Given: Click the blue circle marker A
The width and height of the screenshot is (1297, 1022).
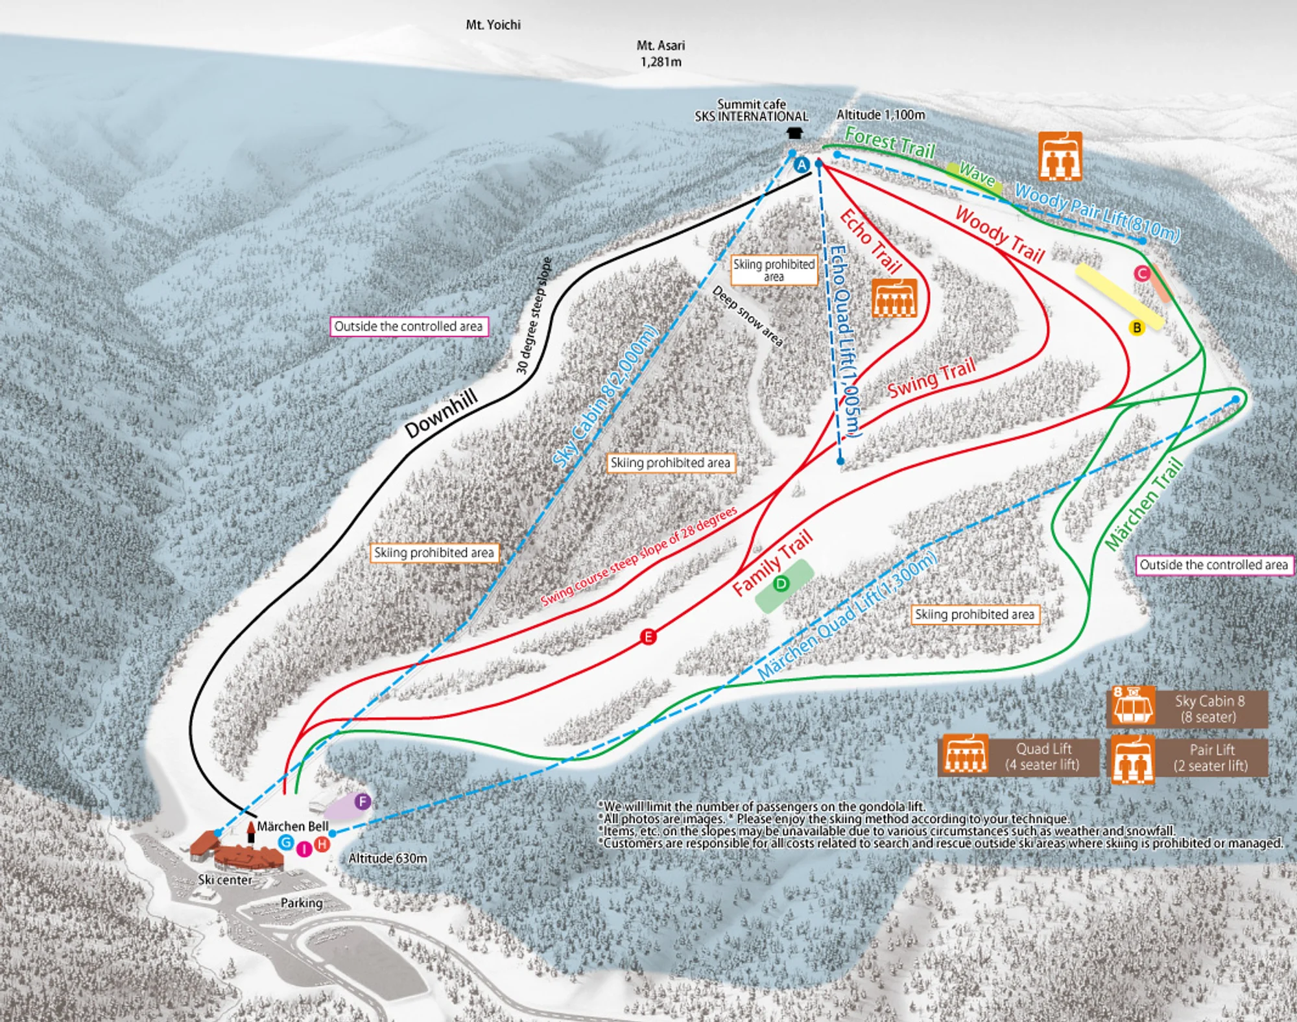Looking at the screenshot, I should coord(802,165).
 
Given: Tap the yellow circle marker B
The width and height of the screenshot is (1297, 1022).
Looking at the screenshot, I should coord(1136,328).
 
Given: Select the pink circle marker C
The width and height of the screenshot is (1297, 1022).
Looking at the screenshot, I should coord(1142,274).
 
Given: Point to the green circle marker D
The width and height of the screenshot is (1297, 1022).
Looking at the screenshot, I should coord(781,584).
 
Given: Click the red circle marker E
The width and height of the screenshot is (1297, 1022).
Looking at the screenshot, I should coord(648,637).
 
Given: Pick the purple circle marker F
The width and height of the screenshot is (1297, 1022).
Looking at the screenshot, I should coord(363,802).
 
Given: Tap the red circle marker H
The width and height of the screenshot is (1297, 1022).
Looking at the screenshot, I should coord(322,844).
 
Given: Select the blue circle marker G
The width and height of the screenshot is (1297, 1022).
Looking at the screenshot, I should coord(286,842).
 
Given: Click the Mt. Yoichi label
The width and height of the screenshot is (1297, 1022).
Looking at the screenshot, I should coord(493,25).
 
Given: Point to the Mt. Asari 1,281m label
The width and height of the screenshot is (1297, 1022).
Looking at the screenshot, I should coord(660,54).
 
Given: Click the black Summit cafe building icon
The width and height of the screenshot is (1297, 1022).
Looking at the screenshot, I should coord(794,133).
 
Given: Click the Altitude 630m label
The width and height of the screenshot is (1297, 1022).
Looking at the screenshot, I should coord(388,859).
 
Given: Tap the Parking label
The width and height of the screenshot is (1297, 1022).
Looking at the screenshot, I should coord(302,903).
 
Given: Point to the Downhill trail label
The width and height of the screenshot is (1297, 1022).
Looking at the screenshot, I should coord(441,413).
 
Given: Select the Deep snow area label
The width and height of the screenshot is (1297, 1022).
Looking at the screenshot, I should coord(747,316).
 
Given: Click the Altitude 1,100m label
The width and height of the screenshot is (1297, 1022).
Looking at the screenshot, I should coord(880,115).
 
